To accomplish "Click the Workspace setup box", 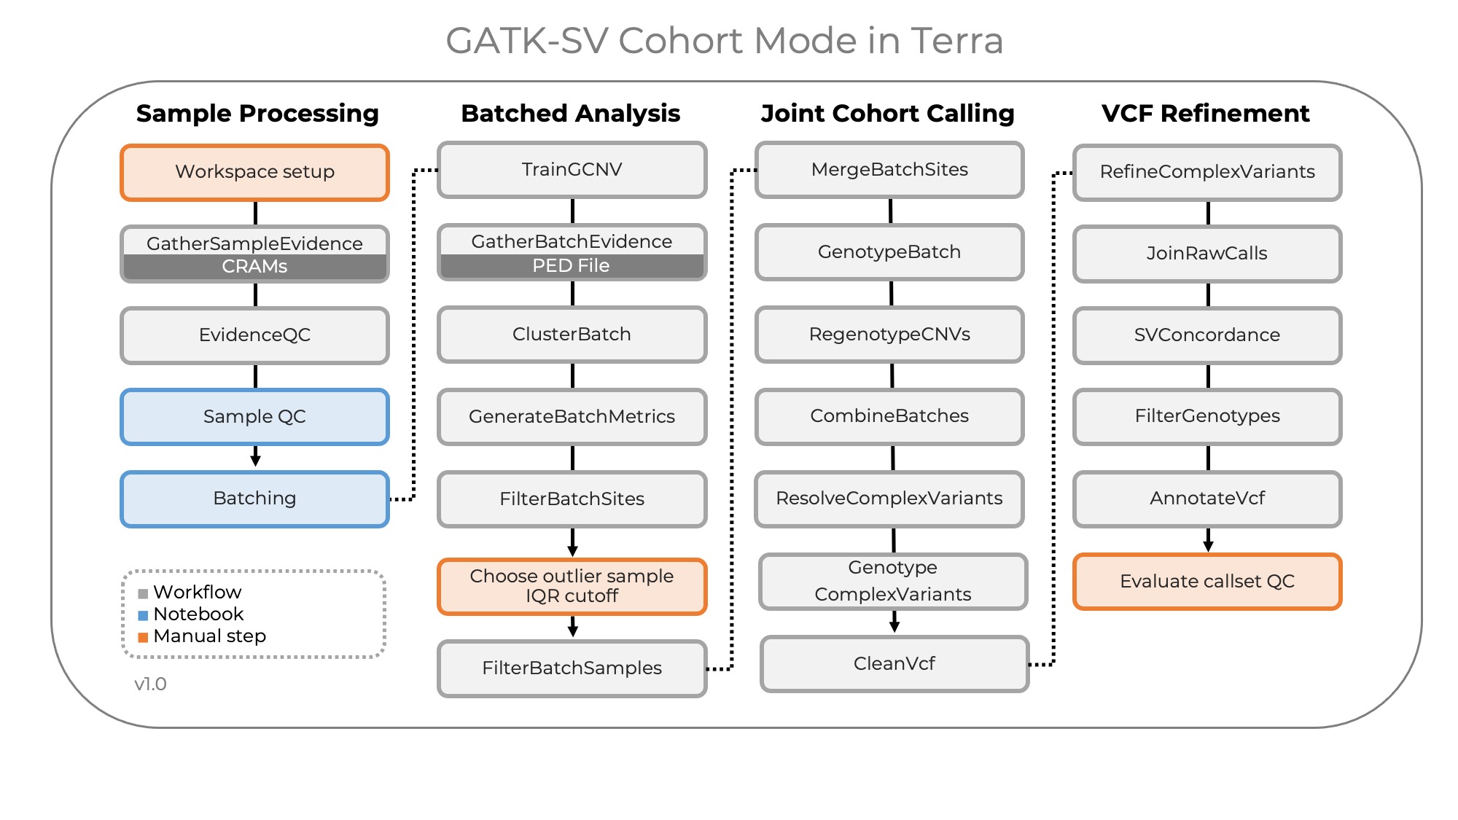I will pos(254,172).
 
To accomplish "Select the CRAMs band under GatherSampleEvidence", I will pos(254,267).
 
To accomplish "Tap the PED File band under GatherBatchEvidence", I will pos(572,266).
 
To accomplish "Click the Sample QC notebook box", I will pos(254,417).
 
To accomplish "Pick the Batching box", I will pos(254,499).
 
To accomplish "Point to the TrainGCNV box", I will pos(572,170).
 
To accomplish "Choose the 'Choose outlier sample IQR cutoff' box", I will pos(572,586).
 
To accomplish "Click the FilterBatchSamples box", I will pos(572,668).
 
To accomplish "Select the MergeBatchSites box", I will pos(889,170).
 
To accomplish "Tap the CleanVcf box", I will pos(894,663).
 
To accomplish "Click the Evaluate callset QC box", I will pos(1207,581).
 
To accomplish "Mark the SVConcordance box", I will pos(1207,335).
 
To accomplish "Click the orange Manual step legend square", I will pos(143,637).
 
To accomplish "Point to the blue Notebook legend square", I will pos(143,615).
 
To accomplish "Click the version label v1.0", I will pos(150,684).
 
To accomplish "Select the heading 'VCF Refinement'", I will pos(1205,114).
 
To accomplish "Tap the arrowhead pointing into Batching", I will pos(255,460).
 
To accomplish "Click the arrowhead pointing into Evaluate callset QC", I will pos(1208,546).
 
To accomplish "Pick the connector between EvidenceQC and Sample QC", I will pos(255,376).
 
